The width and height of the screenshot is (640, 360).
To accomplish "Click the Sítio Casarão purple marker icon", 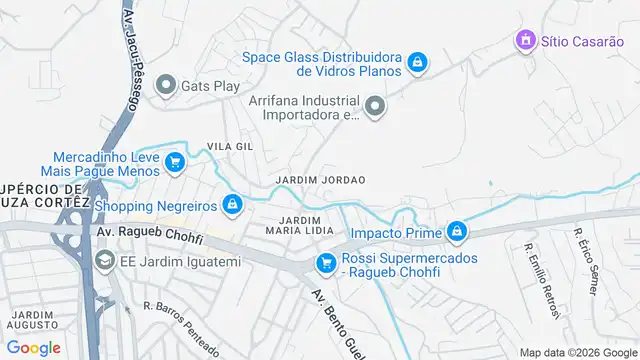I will pyautogui.click(x=524, y=41).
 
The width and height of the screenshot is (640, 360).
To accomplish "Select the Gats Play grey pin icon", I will pyautogui.click(x=165, y=86).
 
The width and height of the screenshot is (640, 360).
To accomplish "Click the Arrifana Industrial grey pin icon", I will pyautogui.click(x=375, y=106).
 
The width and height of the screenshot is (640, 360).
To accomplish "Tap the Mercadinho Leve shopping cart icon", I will pyautogui.click(x=174, y=162).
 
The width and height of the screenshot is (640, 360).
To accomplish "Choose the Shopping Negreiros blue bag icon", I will pyautogui.click(x=233, y=205).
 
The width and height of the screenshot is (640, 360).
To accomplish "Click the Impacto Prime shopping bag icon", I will pyautogui.click(x=457, y=232).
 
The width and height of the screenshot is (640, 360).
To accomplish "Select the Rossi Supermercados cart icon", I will pyautogui.click(x=325, y=264).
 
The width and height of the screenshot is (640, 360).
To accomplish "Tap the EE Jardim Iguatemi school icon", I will pyautogui.click(x=104, y=261).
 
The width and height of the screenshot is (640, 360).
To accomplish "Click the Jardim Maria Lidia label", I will pyautogui.click(x=299, y=225).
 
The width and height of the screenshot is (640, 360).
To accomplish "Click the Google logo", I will pyautogui.click(x=33, y=347).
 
